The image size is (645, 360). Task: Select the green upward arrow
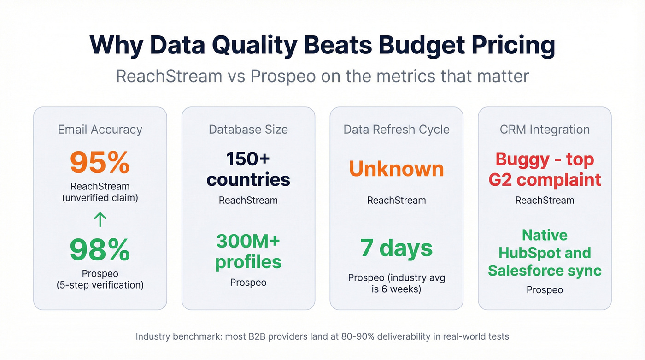point(100,219)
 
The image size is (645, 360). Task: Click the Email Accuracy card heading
point(100,130)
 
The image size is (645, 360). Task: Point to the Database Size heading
point(248,130)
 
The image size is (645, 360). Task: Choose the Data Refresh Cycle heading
point(396,130)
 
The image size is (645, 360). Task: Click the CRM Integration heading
point(545,130)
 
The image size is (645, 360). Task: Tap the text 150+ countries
point(248,169)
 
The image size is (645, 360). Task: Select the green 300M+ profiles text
point(248,251)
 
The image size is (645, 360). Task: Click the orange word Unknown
point(396,169)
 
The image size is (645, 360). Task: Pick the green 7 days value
point(396,248)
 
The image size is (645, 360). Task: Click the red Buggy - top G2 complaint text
point(545,169)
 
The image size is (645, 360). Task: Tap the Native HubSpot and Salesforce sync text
point(545,253)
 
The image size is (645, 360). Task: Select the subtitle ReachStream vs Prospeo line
point(322,76)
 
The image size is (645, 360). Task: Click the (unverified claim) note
point(100,198)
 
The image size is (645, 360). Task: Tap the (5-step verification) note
point(100,285)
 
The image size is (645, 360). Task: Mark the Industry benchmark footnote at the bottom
point(322,336)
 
